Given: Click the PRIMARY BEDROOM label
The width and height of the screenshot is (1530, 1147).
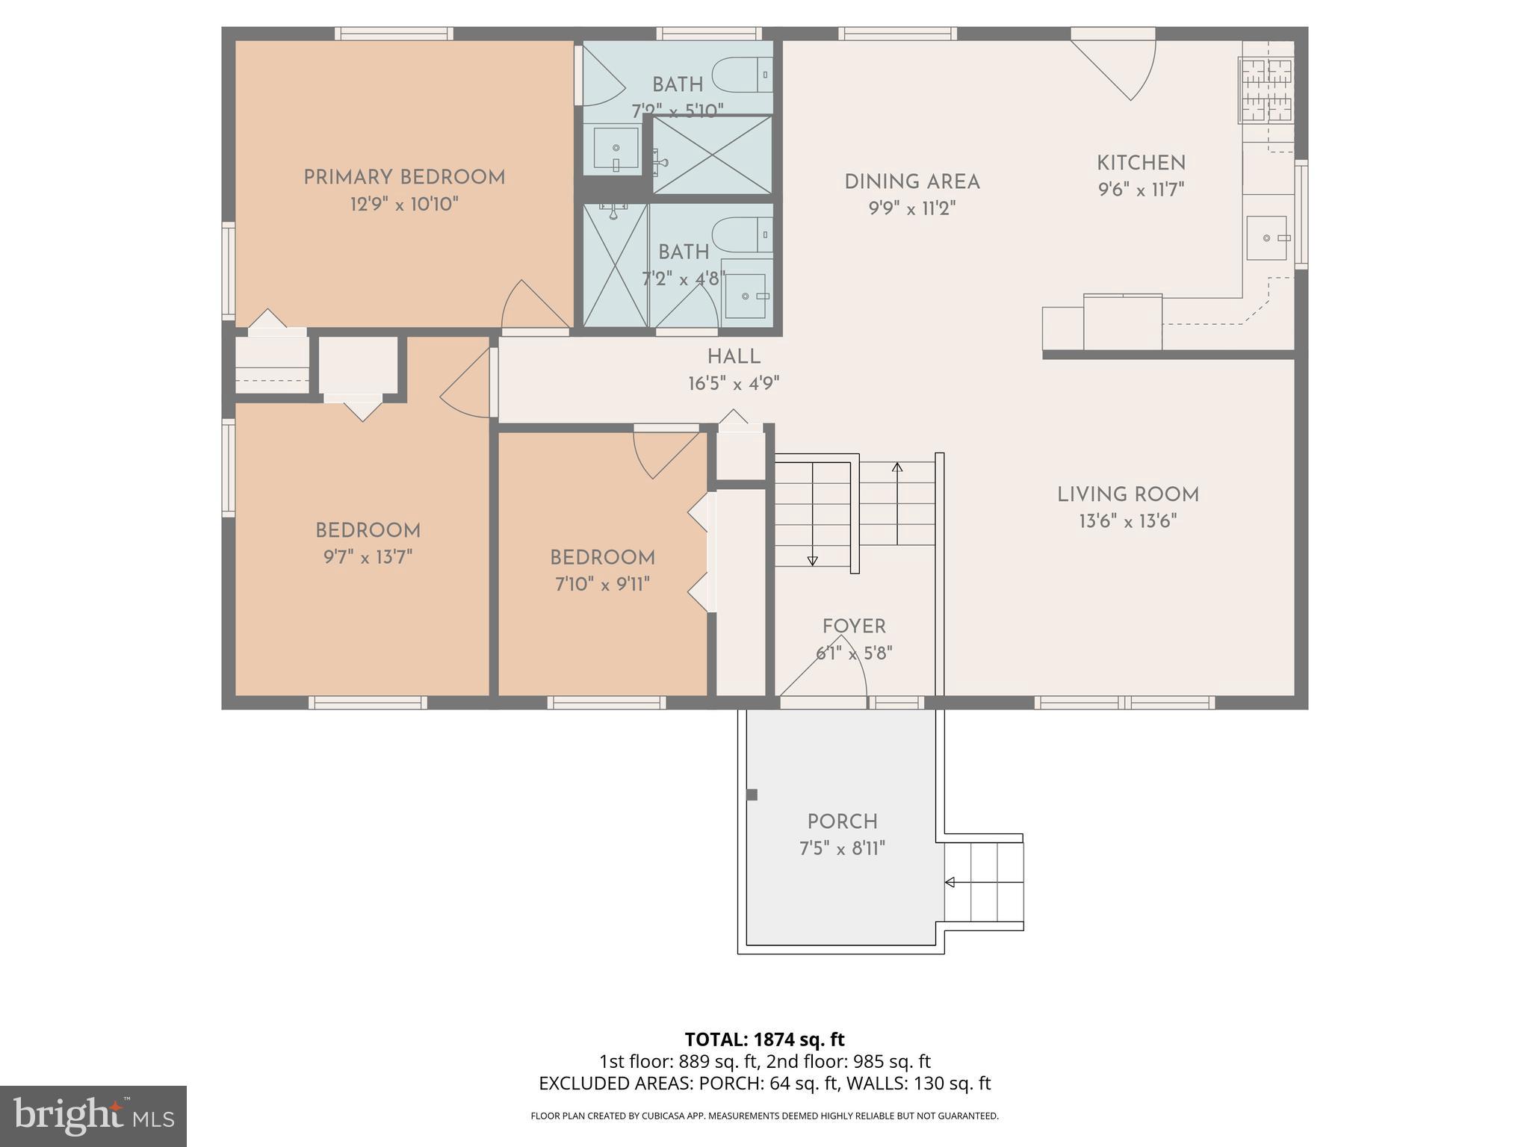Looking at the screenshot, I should [404, 178].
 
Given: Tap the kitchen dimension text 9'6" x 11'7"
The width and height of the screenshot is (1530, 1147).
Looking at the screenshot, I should [1141, 190].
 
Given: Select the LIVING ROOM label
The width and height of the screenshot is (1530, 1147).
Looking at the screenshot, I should [1127, 494].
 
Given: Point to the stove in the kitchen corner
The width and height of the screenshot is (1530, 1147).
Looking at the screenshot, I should [1266, 90].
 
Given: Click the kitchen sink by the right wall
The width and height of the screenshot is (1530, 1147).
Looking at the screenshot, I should [1267, 237].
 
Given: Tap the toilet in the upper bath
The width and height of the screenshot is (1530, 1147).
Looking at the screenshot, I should [742, 75].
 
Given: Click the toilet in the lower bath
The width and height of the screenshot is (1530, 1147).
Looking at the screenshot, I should [742, 234].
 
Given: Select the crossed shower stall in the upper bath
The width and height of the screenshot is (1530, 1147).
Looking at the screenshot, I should [712, 155].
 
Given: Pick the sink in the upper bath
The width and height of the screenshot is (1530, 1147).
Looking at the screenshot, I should [616, 148].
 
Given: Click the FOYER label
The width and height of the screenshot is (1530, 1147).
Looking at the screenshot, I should [854, 627].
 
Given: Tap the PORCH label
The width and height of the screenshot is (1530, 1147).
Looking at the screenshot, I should [842, 821].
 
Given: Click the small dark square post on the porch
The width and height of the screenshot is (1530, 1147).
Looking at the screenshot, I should [752, 795].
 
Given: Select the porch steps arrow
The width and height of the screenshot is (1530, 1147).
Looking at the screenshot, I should [950, 883].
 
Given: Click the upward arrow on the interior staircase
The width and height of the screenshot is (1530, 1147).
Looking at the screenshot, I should [897, 468].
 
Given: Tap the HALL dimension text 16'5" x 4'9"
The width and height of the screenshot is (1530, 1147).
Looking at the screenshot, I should [734, 384].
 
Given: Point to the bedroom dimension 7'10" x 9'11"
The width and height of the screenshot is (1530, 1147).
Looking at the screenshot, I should [602, 584].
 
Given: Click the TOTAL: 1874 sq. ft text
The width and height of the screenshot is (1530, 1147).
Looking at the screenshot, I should [764, 1039].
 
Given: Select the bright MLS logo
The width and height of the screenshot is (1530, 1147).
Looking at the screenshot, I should [93, 1116].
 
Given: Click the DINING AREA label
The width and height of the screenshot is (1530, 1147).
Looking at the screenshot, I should [911, 181].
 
